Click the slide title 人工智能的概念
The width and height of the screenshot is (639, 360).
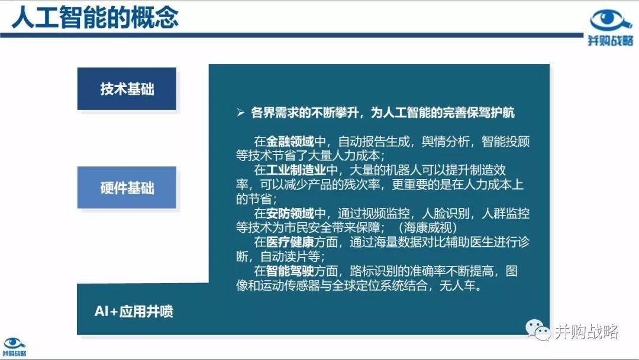(95, 17)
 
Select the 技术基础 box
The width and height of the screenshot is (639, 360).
(127, 89)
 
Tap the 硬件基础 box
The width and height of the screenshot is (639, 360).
(127, 188)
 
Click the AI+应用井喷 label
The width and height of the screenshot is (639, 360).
(134, 311)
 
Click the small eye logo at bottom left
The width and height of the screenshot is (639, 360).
(14, 343)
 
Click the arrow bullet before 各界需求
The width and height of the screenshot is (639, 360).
(240, 112)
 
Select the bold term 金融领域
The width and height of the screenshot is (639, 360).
(290, 142)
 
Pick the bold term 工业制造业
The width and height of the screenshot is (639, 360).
(296, 170)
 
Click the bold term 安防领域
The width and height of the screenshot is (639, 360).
(290, 213)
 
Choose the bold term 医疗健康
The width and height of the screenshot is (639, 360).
(290, 242)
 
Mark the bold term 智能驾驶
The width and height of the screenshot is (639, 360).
(290, 271)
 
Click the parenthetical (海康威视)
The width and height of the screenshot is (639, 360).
(428, 227)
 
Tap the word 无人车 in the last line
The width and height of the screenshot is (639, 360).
(457, 285)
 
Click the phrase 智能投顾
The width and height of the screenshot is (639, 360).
(505, 142)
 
